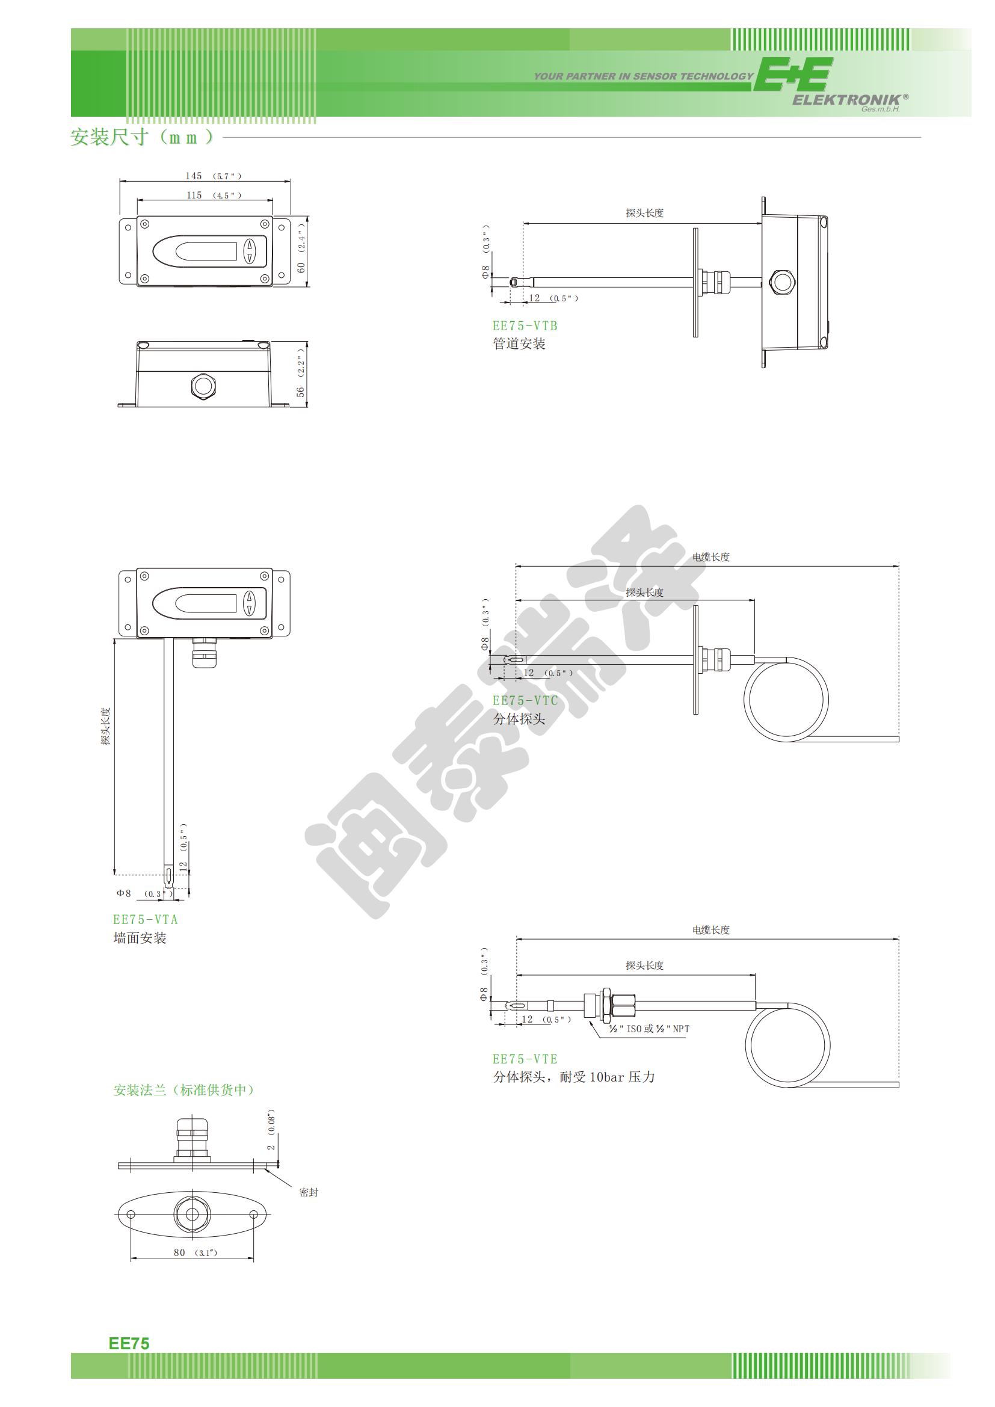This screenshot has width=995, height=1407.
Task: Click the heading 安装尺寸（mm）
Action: point(142,137)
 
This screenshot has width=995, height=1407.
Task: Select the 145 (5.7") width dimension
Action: point(213,176)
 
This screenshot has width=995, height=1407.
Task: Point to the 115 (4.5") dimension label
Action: point(213,195)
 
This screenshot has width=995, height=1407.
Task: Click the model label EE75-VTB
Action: point(525,326)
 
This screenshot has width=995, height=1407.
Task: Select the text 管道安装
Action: point(519,344)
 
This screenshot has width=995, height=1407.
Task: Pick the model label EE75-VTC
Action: point(525,700)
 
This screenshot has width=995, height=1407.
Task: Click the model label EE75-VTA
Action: point(145,919)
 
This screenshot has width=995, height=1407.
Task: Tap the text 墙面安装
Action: point(140,938)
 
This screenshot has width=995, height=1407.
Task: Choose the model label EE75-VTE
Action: point(525,1059)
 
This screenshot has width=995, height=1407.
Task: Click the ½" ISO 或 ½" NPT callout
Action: point(649,1029)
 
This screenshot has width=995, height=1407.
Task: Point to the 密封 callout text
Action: point(308,1192)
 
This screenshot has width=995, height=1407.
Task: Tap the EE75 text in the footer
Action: point(129,1343)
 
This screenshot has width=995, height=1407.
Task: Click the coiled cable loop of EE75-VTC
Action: point(786,698)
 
